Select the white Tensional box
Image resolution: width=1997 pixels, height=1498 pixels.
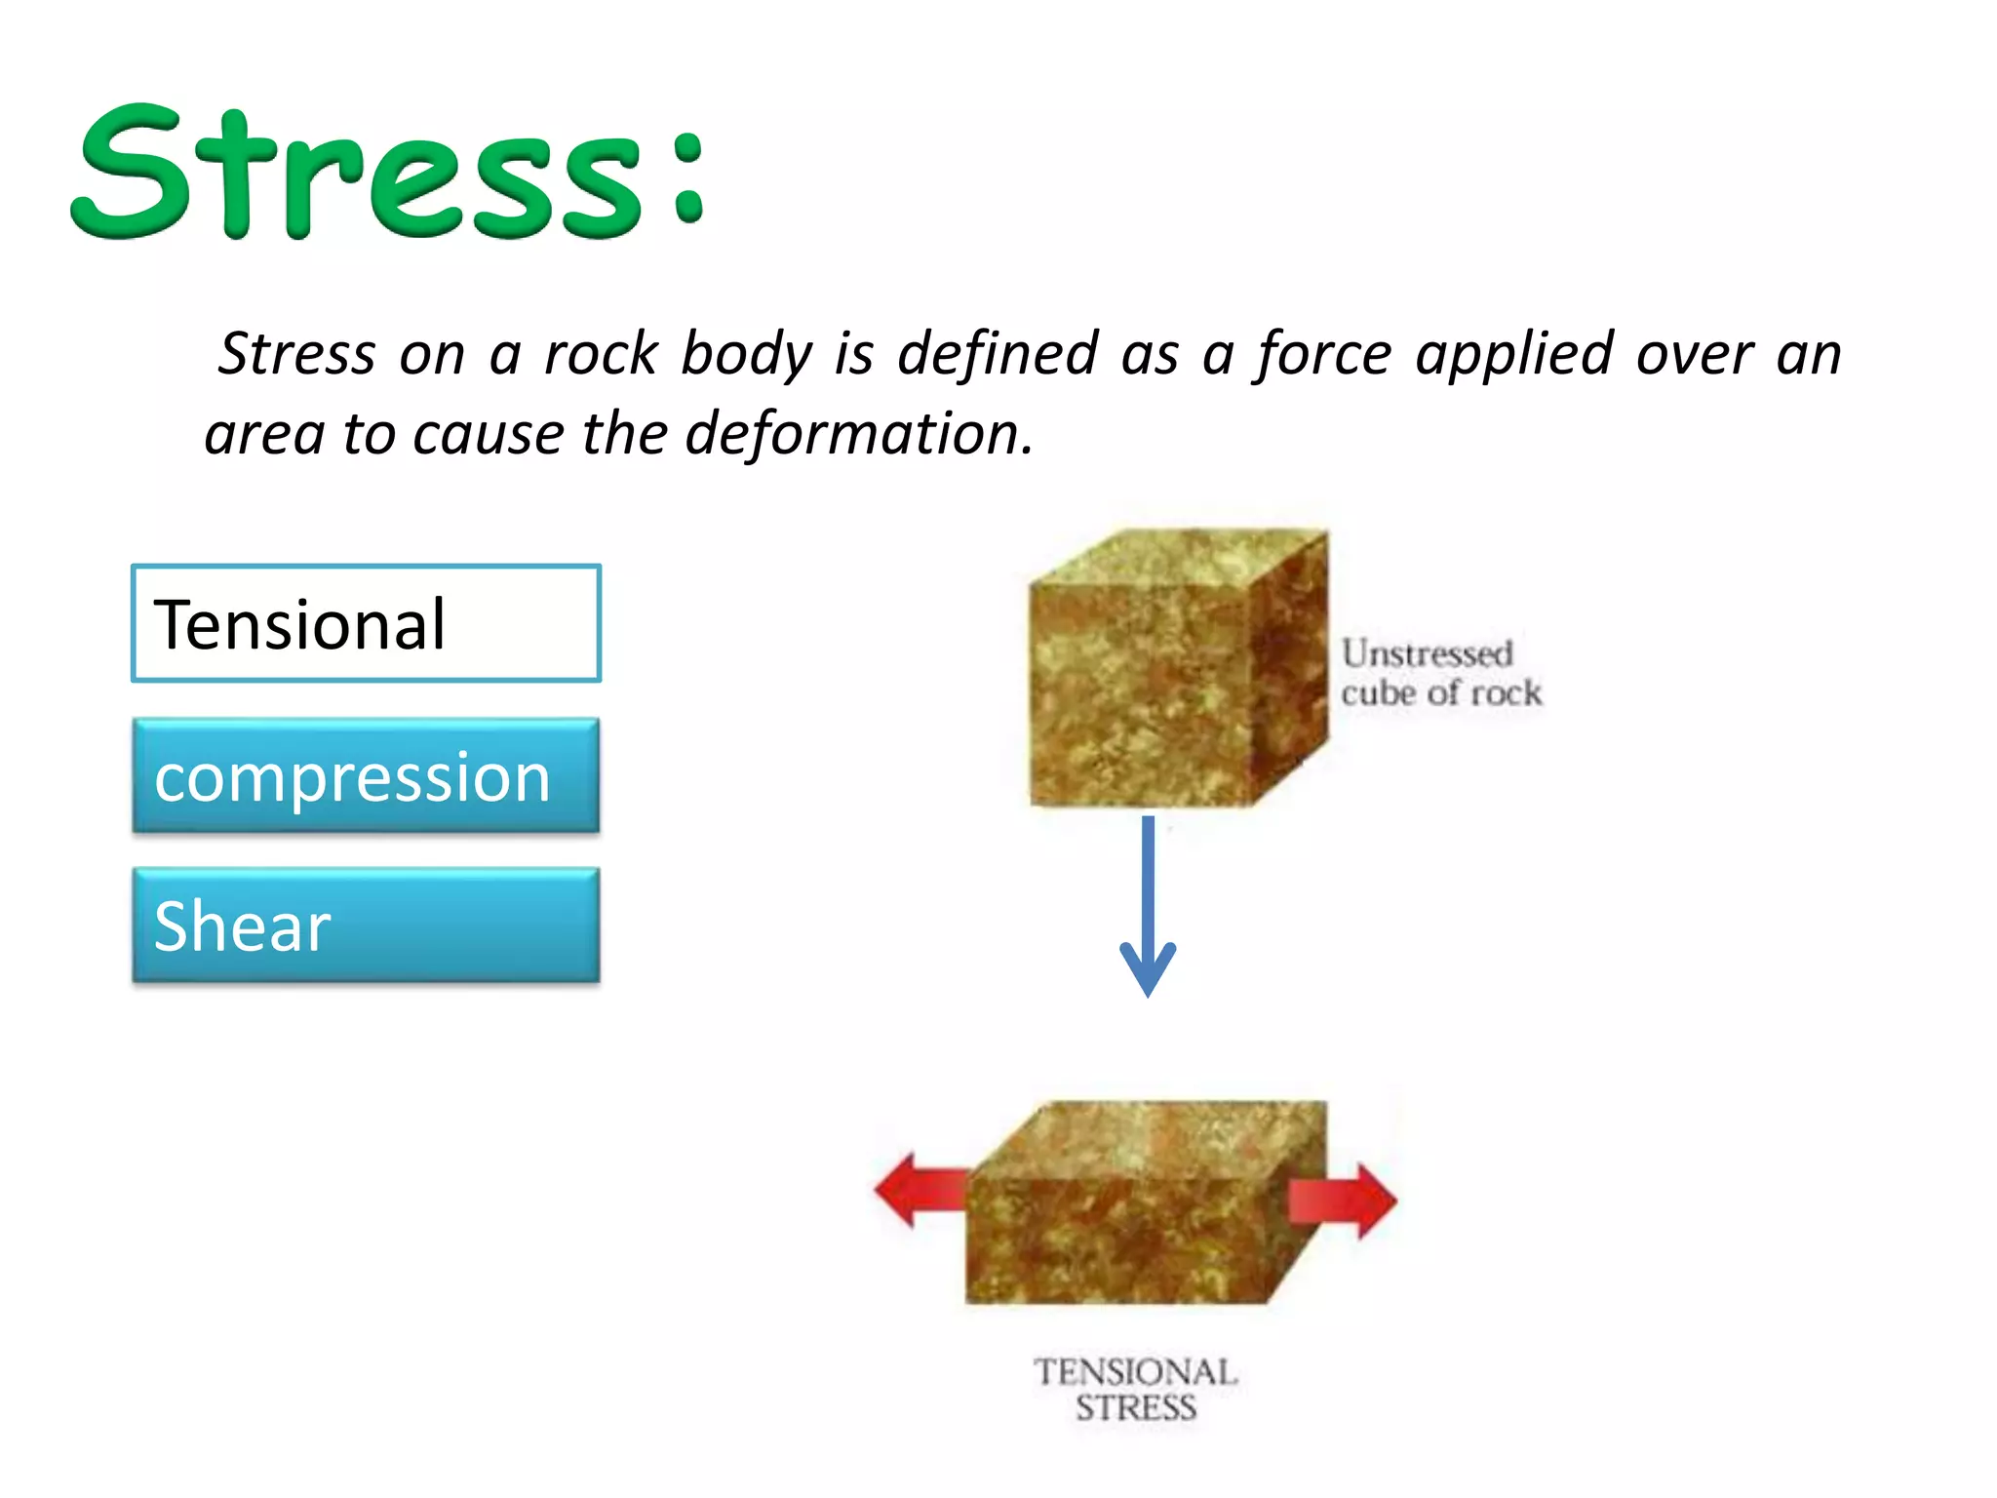[366, 624]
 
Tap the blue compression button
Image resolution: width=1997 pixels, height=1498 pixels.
[366, 776]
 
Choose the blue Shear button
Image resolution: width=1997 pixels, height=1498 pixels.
[366, 926]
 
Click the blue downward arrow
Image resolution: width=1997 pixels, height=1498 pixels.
[1148, 907]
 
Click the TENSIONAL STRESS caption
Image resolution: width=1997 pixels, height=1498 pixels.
[1135, 1390]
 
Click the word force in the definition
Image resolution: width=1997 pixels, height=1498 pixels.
[1322, 353]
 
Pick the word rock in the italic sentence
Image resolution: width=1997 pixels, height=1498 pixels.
[601, 353]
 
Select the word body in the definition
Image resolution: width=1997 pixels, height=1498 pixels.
[745, 355]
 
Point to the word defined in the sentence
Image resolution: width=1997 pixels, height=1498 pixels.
[998, 353]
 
